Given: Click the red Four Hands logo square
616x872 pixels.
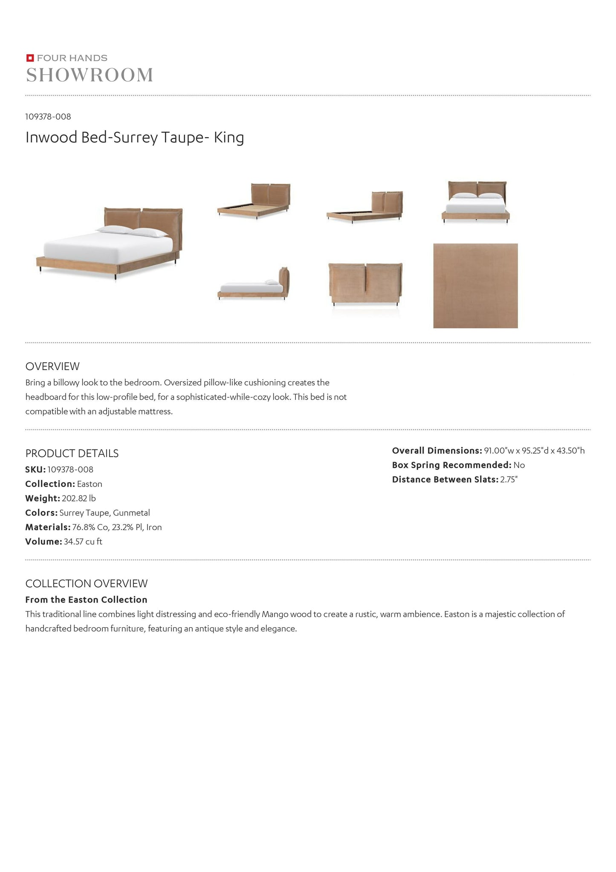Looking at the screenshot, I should [x=30, y=58].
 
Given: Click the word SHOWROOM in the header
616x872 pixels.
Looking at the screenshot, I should [x=90, y=75].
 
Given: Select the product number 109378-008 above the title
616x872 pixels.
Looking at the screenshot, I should [x=48, y=116].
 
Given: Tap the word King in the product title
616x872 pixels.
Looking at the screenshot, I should [x=229, y=138].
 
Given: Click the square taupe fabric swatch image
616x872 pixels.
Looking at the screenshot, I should [x=475, y=286].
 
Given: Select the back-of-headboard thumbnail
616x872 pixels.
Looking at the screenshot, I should [x=366, y=284].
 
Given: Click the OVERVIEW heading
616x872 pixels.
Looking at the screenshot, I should [x=52, y=366].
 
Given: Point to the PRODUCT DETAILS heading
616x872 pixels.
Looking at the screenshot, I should [x=72, y=453].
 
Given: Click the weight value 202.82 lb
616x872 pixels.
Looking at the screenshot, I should [x=79, y=498].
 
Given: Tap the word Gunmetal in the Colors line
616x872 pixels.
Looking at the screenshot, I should [x=131, y=513].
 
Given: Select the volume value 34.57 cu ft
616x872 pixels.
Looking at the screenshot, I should [x=83, y=542].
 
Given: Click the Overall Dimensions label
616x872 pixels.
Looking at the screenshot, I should [x=437, y=451].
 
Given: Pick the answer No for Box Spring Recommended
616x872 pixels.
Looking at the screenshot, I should [x=519, y=465].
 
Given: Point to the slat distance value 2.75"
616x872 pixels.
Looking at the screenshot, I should [x=509, y=480].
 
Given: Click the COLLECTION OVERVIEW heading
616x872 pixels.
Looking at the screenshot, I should [x=87, y=583].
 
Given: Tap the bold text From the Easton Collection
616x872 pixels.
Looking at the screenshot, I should [x=86, y=600].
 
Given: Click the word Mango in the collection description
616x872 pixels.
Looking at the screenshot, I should [x=275, y=614].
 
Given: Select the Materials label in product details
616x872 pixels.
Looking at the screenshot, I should [x=47, y=527].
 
